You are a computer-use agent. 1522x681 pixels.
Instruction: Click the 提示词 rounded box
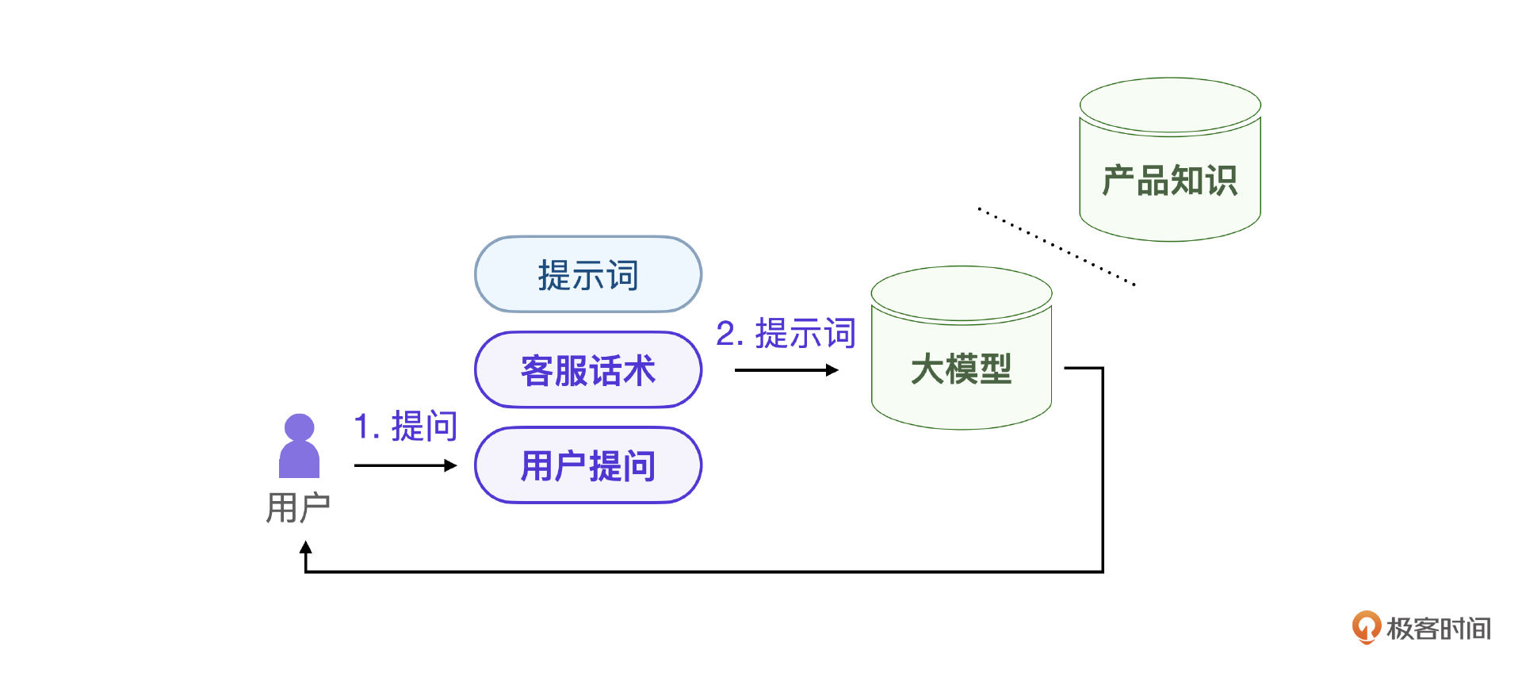(x=587, y=274)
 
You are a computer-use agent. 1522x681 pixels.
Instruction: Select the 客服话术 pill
(x=587, y=370)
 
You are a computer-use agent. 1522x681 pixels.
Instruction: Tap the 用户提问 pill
(x=587, y=465)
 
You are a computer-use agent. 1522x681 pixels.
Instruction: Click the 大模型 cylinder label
(x=961, y=369)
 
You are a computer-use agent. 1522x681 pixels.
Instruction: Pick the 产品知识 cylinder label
(x=1169, y=181)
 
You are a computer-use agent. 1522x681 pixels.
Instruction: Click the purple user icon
(x=299, y=448)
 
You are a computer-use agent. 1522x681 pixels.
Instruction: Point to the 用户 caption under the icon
(x=298, y=507)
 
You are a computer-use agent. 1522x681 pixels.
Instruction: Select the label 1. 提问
(x=406, y=427)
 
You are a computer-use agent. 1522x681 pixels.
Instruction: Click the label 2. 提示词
(x=786, y=333)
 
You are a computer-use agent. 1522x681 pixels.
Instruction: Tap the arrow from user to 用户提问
(x=405, y=465)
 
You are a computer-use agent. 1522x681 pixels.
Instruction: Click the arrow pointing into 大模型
(x=786, y=370)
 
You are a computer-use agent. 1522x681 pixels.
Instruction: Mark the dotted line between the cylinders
(x=1056, y=246)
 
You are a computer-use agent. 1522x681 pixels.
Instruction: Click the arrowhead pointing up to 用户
(x=306, y=547)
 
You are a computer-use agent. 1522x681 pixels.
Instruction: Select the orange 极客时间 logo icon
(x=1366, y=627)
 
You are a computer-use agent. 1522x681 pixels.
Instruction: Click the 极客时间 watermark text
(x=1438, y=629)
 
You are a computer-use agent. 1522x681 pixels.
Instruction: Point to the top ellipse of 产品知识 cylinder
(x=1170, y=105)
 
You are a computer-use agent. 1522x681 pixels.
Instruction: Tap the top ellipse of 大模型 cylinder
(x=961, y=293)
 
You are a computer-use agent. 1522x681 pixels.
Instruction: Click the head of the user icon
(x=299, y=427)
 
